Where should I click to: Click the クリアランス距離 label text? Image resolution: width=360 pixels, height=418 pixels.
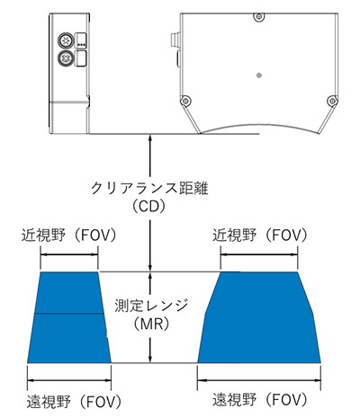pyautogui.click(x=149, y=189)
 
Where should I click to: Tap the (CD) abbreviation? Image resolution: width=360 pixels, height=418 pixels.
pyautogui.click(x=149, y=207)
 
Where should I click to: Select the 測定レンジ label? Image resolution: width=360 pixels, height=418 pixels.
pyautogui.click(x=151, y=306)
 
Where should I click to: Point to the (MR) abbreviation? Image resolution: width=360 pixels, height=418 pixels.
pyautogui.click(x=151, y=324)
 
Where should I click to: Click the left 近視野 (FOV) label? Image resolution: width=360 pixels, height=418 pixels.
pyautogui.click(x=68, y=236)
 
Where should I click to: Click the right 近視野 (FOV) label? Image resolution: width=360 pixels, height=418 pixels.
pyautogui.click(x=260, y=236)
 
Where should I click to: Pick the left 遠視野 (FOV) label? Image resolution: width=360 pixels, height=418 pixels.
pyautogui.click(x=74, y=402)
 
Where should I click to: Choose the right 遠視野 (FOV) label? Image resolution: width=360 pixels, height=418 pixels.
pyautogui.click(x=260, y=399)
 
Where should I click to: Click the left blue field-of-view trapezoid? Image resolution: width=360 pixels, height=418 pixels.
pyautogui.click(x=69, y=317)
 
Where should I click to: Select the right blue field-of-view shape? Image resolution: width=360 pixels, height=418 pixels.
pyautogui.click(x=259, y=317)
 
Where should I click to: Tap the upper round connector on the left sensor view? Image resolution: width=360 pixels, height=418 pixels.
pyautogui.click(x=65, y=40)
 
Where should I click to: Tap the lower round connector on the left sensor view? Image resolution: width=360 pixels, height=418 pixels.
pyautogui.click(x=65, y=58)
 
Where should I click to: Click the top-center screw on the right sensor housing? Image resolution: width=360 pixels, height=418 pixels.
pyautogui.click(x=259, y=17)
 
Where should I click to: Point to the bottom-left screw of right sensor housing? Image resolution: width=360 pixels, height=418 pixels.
pyautogui.click(x=185, y=101)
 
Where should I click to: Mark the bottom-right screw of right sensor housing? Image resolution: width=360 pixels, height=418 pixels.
pyautogui.click(x=332, y=101)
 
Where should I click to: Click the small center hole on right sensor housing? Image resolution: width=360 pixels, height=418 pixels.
pyautogui.click(x=259, y=76)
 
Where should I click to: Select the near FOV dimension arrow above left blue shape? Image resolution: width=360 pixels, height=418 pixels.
pyautogui.click(x=69, y=255)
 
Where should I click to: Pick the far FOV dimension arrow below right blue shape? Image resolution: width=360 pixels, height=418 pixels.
pyautogui.click(x=259, y=381)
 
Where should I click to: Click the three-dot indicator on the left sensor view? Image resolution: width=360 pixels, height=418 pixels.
pyautogui.click(x=81, y=45)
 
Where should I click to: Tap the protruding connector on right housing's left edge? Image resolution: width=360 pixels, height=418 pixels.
pyautogui.click(x=175, y=40)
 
